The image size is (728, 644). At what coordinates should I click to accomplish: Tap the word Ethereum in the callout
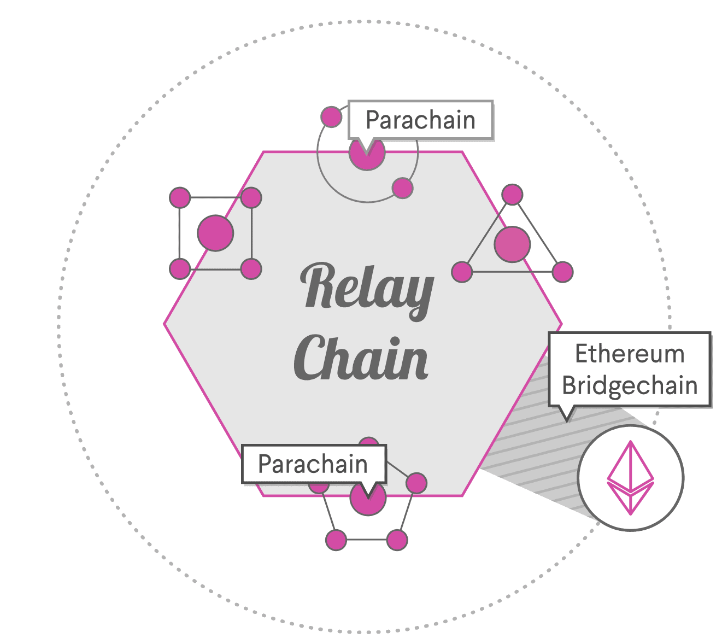pos(630,354)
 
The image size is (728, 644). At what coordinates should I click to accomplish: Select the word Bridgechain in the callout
pos(630,385)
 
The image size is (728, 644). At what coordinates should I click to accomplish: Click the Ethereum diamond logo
pos(631,478)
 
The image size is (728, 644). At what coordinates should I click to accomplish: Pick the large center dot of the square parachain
pos(215,233)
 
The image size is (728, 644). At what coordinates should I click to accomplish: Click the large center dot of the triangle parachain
pos(512,244)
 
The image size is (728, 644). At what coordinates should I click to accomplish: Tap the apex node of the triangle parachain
pos(512,195)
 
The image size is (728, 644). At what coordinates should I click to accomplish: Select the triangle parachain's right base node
pos(562,272)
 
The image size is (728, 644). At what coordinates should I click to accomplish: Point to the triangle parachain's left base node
pos(462,272)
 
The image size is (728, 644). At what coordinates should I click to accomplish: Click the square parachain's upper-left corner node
pos(180,198)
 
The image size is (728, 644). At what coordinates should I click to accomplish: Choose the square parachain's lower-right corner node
pos(251,269)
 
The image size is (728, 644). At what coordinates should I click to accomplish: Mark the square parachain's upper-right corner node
pos(251,198)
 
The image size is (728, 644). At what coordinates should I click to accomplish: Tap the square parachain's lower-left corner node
pos(180,269)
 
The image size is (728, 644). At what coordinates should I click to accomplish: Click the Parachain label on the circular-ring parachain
pos(420,120)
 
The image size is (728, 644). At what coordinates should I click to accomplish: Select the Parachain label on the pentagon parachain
pos(313,464)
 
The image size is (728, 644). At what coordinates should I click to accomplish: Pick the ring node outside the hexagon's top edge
pos(331,116)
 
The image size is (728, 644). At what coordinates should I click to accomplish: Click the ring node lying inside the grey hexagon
pos(402,188)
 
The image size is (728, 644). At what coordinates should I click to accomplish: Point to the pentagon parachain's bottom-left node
pos(336,540)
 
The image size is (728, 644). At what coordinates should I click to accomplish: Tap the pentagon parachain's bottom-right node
pos(397,540)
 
